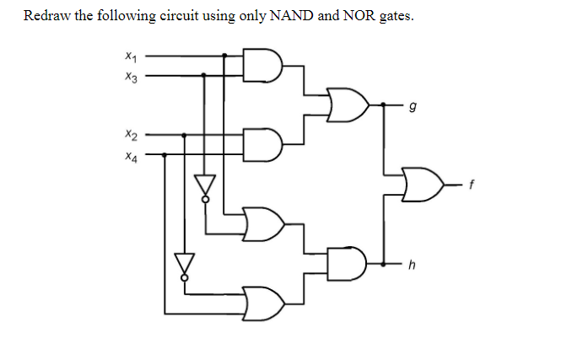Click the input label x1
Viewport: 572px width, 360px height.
[128, 57]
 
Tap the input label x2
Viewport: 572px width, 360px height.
[128, 135]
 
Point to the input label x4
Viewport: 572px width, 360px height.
[128, 155]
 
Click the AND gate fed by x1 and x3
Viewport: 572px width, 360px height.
[262, 66]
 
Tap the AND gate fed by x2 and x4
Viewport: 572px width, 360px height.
[262, 144]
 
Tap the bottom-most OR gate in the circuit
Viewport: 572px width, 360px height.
[262, 302]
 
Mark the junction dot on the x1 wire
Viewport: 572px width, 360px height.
[224, 56]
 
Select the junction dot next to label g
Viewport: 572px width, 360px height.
[386, 105]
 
